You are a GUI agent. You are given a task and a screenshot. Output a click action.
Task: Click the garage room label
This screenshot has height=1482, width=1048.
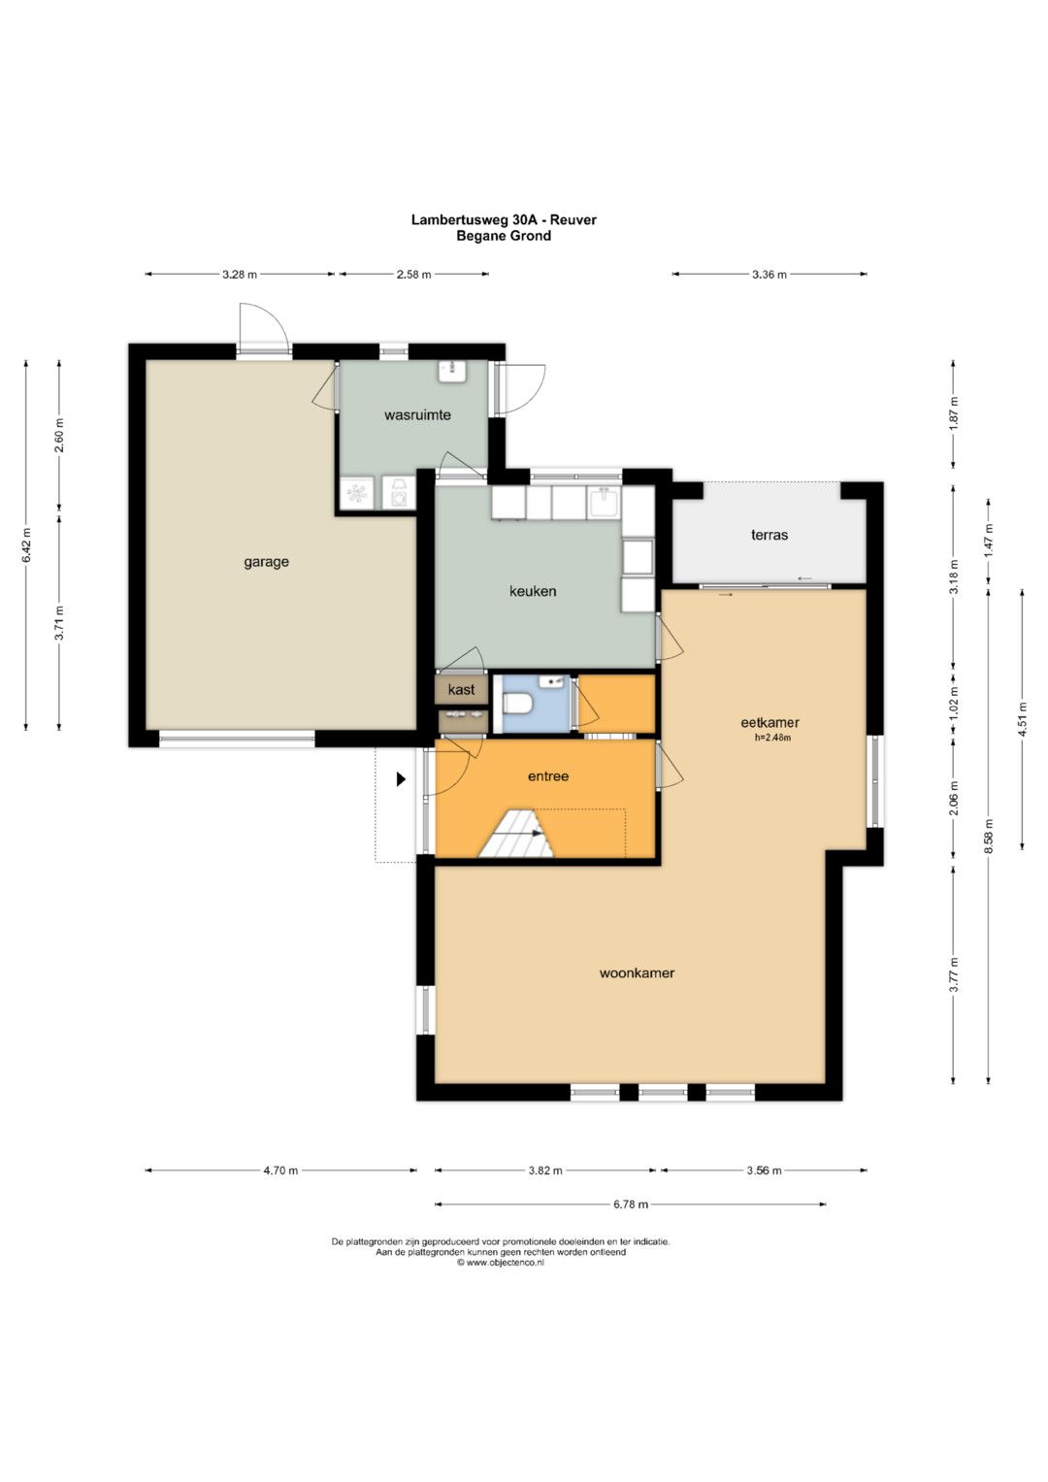[x=266, y=562]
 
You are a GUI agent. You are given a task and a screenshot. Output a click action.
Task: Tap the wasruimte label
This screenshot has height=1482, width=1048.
[x=417, y=414]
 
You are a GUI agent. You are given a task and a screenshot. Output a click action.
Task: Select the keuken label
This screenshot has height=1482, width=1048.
[x=533, y=591]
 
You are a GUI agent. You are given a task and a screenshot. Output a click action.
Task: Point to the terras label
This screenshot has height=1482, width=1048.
[x=769, y=534]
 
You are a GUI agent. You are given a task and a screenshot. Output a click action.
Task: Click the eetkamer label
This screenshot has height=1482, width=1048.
[x=770, y=722]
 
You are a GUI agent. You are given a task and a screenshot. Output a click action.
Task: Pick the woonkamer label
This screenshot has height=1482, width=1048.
[x=637, y=972]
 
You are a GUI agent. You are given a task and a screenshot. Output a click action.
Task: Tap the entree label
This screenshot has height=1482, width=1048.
[x=548, y=776]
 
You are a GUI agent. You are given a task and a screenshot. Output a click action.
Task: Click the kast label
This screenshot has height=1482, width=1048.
[x=461, y=689]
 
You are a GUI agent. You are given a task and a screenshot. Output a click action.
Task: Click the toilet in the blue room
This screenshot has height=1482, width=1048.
[x=515, y=705]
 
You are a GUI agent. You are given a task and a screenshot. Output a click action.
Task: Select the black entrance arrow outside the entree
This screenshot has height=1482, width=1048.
[x=400, y=779]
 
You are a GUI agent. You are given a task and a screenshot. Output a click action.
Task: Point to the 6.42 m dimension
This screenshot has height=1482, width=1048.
[x=26, y=545]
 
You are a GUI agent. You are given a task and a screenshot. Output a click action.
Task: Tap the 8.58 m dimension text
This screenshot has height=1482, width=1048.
[x=989, y=837]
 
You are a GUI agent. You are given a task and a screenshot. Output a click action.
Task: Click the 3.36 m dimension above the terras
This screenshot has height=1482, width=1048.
[x=769, y=274]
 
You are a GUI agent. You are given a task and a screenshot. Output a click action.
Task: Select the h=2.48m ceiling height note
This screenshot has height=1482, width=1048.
[x=772, y=738]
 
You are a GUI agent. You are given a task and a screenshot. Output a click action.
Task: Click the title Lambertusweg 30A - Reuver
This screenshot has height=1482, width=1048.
[x=504, y=219]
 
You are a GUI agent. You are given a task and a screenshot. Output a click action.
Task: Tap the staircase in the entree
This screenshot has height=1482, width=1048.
[x=517, y=834]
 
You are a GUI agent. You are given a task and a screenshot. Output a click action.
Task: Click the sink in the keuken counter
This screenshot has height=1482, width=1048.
[x=604, y=502]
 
